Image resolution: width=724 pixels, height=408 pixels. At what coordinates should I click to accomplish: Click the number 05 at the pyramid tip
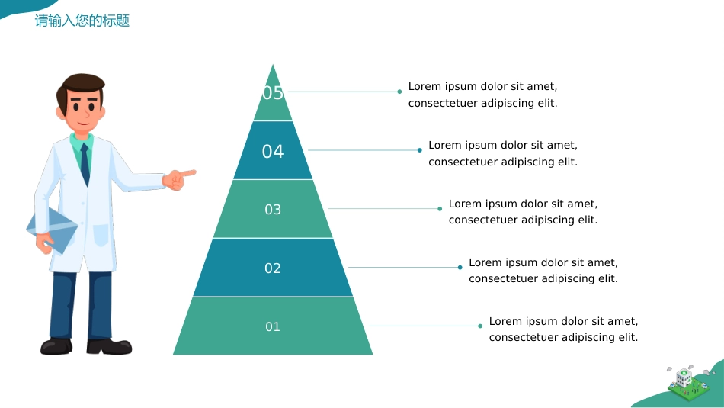[x=272, y=93]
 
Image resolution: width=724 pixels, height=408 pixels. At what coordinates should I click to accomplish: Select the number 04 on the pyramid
[x=272, y=152]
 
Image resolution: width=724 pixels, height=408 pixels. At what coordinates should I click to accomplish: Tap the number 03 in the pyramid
[x=273, y=210]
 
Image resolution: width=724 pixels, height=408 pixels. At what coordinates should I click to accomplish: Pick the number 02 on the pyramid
[x=272, y=268]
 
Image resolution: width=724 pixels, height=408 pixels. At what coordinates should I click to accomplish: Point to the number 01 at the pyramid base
[x=272, y=326]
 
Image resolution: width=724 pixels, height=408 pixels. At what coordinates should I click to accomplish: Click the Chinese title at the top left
[x=82, y=21]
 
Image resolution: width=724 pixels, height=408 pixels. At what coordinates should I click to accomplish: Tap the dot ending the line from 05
[x=399, y=92]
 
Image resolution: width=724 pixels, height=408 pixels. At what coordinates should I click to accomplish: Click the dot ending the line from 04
[x=419, y=150]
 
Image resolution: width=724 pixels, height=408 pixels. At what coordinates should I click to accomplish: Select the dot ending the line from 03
[x=440, y=209]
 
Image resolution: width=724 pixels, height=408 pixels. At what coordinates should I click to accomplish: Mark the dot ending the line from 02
[x=460, y=267]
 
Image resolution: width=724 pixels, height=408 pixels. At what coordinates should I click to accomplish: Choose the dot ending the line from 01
[x=480, y=326]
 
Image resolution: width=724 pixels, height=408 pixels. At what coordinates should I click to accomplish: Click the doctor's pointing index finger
[x=188, y=173]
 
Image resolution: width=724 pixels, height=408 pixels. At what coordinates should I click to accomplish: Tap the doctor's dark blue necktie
[x=85, y=164]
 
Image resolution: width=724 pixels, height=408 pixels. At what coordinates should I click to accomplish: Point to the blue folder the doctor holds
[x=52, y=230]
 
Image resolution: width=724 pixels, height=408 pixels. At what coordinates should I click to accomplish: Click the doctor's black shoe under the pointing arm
[x=110, y=346]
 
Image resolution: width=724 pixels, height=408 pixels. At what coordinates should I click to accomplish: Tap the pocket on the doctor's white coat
[x=101, y=236]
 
